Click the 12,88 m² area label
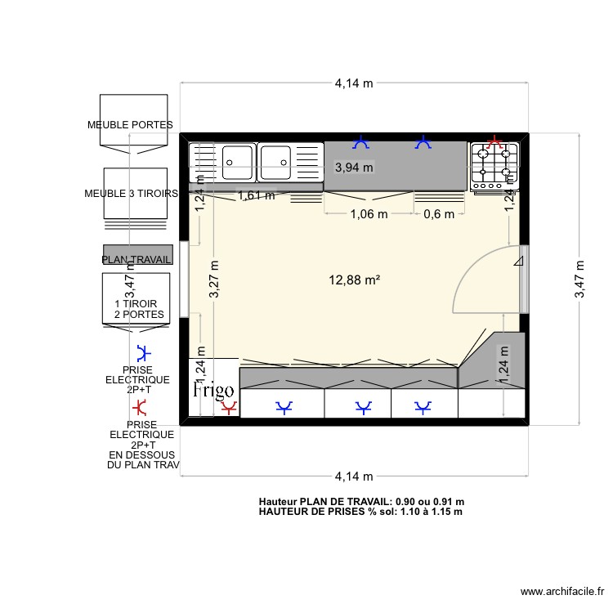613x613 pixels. [x=355, y=280]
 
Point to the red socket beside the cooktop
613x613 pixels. [x=494, y=143]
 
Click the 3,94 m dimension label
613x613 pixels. [x=354, y=168]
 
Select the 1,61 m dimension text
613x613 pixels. [x=256, y=195]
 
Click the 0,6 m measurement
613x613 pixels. [x=437, y=214]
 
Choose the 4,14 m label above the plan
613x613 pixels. [x=354, y=83]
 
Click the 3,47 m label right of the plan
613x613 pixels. [x=579, y=280]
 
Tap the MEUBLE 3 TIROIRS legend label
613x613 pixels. [x=132, y=194]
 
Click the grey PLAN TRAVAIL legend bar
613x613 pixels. [x=136, y=254]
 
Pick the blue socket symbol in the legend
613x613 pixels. [x=144, y=354]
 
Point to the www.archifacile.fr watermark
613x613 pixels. [x=563, y=593]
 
